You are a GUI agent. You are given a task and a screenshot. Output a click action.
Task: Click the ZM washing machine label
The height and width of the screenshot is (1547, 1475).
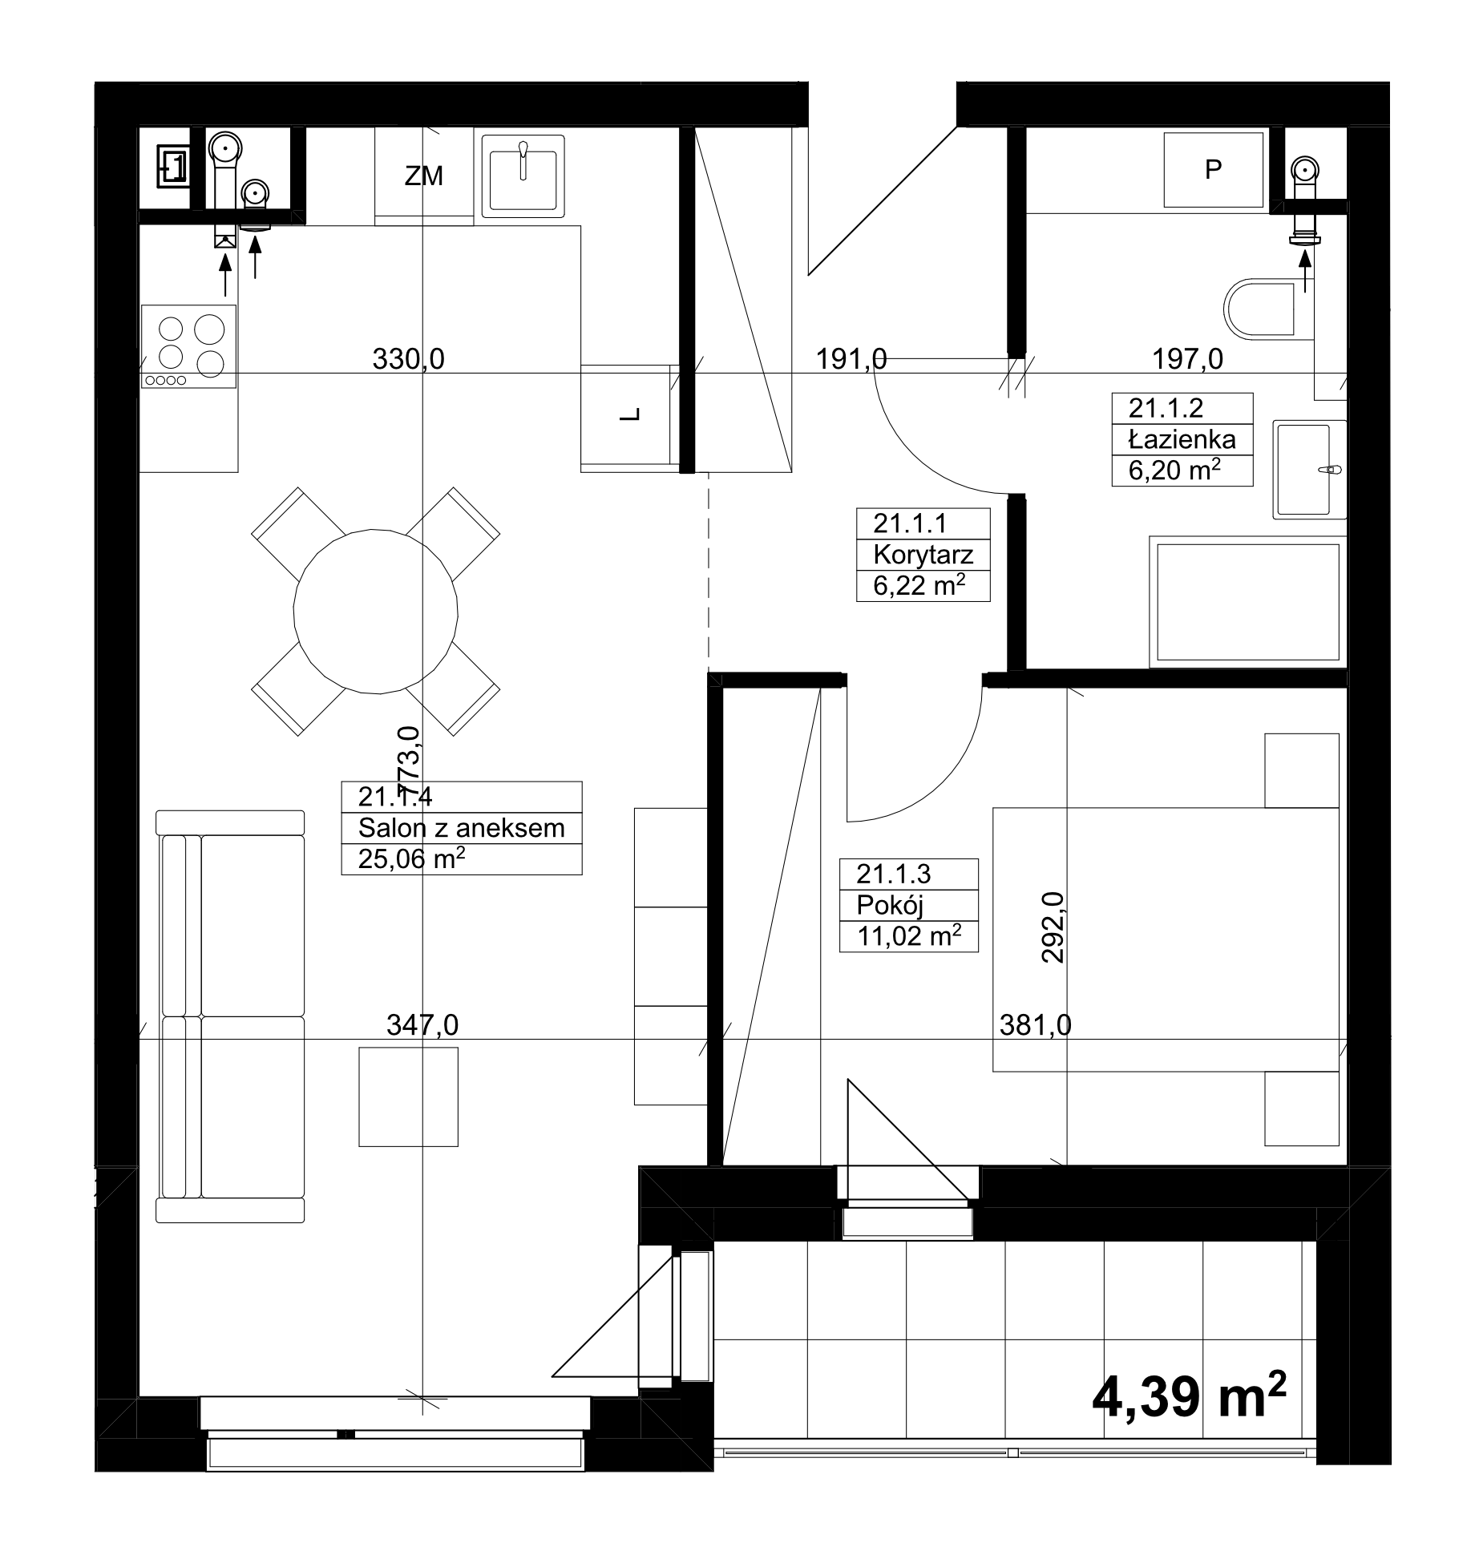coord(423,176)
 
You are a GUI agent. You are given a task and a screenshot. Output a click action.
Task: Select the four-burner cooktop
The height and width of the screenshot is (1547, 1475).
coord(189,346)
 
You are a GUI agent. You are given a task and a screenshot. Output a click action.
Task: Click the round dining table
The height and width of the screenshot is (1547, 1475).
coord(376,611)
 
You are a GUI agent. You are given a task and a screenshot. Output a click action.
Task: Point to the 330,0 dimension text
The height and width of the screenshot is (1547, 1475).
coord(408,358)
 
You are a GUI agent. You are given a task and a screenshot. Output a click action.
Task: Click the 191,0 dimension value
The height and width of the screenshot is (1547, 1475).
coord(851,358)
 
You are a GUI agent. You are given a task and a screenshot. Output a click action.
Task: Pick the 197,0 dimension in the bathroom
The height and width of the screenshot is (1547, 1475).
coord(1187,358)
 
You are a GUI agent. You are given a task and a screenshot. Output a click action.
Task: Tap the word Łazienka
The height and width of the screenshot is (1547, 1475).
coord(1182,439)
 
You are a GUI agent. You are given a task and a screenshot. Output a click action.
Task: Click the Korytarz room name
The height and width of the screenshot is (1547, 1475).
coord(923,554)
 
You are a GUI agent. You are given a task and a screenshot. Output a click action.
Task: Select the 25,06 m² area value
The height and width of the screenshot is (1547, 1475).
coord(412,859)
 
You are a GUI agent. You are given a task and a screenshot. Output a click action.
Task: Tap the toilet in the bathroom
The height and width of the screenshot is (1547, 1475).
coord(1259,307)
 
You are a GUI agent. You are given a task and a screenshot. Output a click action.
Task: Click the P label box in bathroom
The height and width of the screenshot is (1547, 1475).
coord(1213,170)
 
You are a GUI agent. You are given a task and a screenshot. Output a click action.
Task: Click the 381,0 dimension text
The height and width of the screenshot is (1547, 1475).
coord(1036,1025)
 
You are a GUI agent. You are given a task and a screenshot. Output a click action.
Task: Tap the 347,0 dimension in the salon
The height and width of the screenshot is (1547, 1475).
coord(422,1025)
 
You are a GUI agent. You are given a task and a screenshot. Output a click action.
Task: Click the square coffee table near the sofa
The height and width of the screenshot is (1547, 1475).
coord(408,1097)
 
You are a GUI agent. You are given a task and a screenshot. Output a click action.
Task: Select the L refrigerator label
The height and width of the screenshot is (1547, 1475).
coord(632,414)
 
